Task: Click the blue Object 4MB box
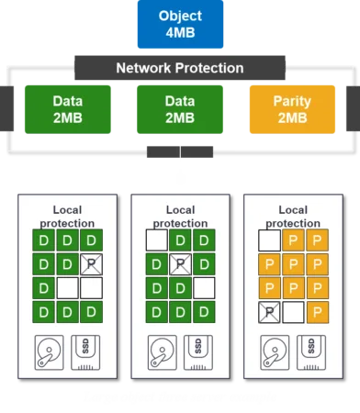point(180,24)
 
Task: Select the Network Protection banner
point(180,68)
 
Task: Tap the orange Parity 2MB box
point(292,109)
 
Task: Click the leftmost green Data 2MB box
point(68,109)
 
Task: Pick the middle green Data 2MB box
point(180,109)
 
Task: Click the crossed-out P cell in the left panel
point(91,264)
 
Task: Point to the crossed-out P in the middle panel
point(180,264)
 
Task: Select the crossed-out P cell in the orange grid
point(269,312)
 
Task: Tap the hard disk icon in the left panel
point(50,352)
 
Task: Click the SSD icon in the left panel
point(85,352)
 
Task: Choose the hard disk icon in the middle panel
point(163,352)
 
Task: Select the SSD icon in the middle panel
point(198,352)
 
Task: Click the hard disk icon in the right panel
point(275,352)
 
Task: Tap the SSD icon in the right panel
point(311,352)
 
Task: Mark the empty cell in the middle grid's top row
point(156,240)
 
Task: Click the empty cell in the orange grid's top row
point(269,240)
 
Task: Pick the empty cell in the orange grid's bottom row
point(293,312)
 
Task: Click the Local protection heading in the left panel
point(67,217)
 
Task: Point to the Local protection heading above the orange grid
point(293,217)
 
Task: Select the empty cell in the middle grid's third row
point(204,288)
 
